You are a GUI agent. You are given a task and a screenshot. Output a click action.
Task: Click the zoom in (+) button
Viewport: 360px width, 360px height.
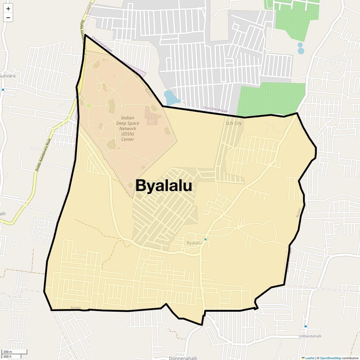(8, 9)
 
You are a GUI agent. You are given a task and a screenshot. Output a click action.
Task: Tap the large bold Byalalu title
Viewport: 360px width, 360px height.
(164, 186)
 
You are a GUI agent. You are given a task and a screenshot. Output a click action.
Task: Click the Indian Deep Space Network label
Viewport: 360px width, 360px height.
(128, 129)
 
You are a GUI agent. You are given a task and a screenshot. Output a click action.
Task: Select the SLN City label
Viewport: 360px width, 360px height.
(234, 123)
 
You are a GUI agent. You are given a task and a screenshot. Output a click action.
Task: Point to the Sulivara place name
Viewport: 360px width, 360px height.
(8, 76)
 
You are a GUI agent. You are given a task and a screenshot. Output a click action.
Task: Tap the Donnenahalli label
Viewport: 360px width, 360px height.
(183, 358)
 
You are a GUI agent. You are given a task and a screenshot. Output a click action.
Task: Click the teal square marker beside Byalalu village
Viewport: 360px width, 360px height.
(206, 239)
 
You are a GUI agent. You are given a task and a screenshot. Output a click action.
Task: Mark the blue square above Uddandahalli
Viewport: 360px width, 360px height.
(305, 326)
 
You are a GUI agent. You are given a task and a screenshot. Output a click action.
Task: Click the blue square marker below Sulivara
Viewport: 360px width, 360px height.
(3, 90)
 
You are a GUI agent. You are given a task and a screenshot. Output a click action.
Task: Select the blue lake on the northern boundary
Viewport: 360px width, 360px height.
(171, 98)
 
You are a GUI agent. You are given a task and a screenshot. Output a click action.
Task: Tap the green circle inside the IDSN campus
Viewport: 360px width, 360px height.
(89, 106)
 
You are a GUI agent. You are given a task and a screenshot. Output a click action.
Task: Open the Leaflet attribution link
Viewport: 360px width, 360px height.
(309, 358)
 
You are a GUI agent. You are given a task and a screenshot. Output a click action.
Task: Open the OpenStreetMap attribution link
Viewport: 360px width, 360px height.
(330, 358)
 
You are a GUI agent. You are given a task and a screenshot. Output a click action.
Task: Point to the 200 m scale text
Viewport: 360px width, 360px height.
(8, 352)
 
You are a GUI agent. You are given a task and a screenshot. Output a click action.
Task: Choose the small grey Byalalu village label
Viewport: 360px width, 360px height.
(194, 243)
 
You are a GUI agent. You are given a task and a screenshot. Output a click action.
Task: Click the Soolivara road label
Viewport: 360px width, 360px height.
(90, 6)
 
